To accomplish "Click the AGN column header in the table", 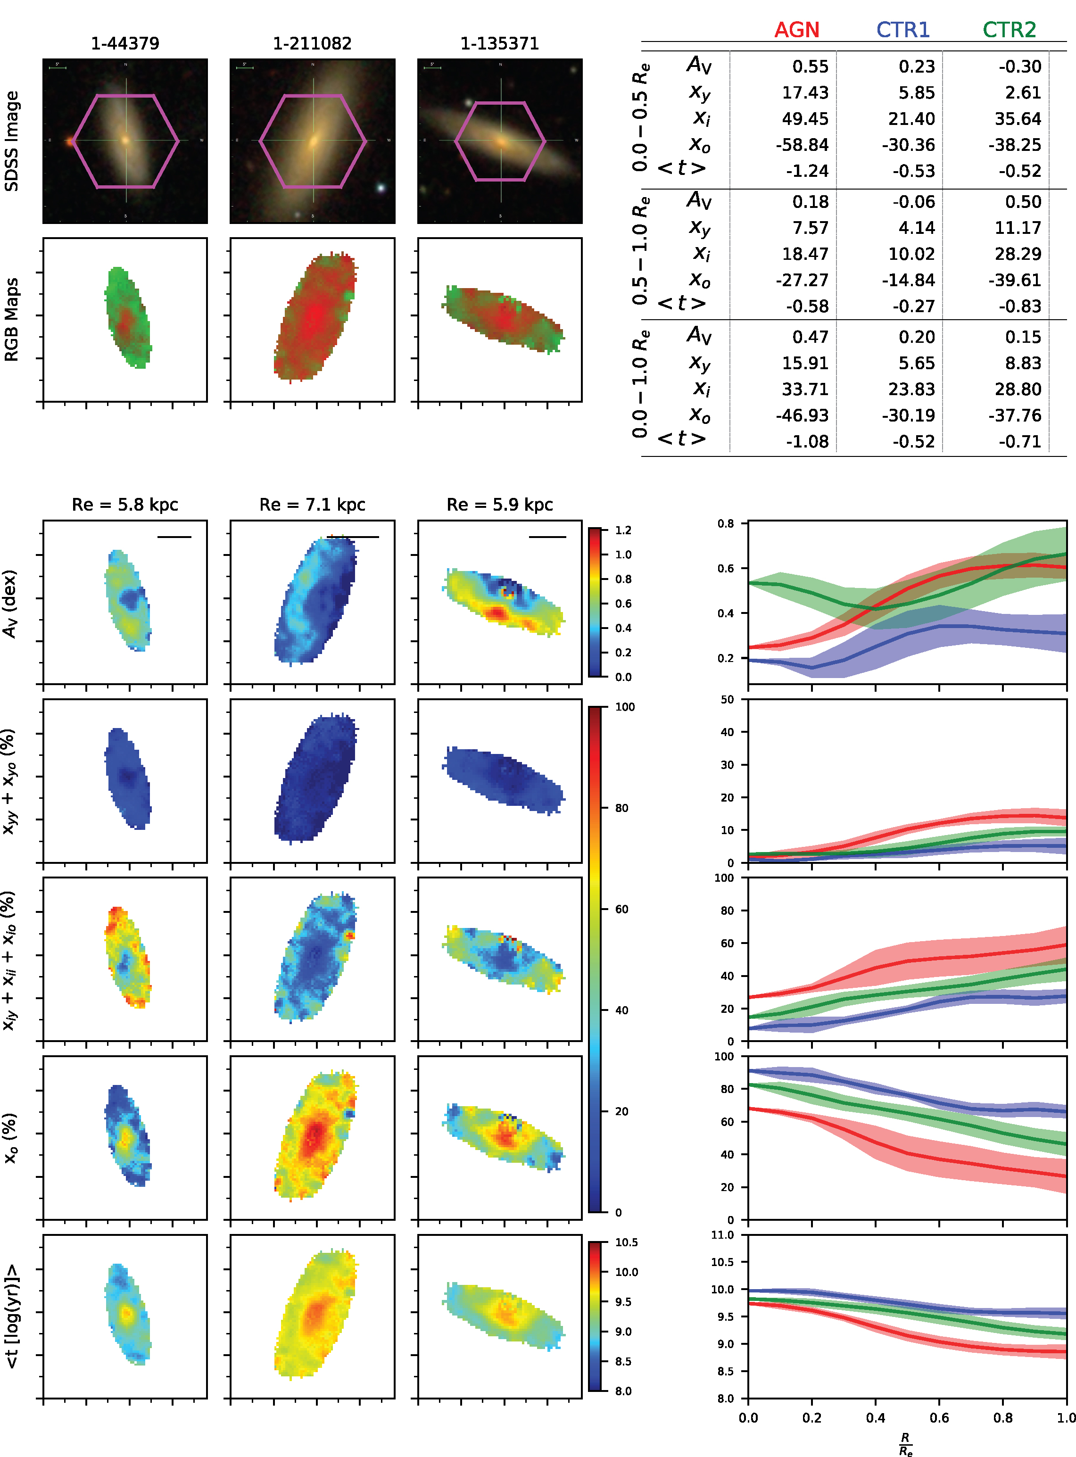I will [x=796, y=30].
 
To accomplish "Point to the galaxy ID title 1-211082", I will [x=312, y=44].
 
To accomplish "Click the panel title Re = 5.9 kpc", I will [x=500, y=505].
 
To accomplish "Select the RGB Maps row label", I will [x=12, y=319].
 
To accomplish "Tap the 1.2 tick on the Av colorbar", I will [x=623, y=530].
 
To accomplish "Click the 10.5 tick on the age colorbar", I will [x=626, y=1242].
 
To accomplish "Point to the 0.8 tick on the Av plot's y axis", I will [x=726, y=524].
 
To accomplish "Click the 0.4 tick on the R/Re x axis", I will [x=876, y=1417].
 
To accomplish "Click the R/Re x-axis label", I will [x=905, y=1443].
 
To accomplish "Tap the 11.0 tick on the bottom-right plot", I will [x=722, y=1235].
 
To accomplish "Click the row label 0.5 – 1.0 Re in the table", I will [x=641, y=251].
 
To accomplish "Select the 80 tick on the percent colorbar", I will [x=621, y=808].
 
